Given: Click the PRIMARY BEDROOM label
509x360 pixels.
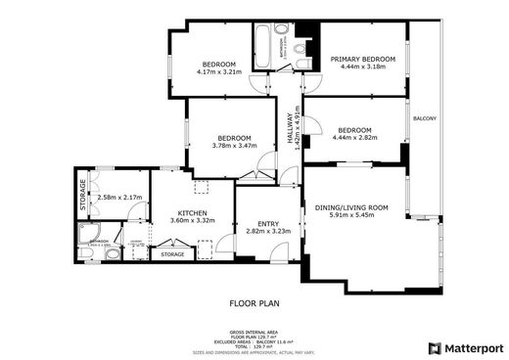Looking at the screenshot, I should pyautogui.click(x=361, y=60).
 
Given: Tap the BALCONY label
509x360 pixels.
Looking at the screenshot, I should pyautogui.click(x=425, y=119).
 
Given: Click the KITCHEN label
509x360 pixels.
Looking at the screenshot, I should pyautogui.click(x=191, y=212).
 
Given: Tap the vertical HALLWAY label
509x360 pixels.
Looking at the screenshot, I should pyautogui.click(x=290, y=128).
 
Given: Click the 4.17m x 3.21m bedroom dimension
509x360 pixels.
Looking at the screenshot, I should pyautogui.click(x=218, y=71).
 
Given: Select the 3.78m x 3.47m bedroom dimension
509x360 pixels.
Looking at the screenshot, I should pyautogui.click(x=234, y=146).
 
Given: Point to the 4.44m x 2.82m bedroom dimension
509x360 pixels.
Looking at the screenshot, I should pyautogui.click(x=354, y=138).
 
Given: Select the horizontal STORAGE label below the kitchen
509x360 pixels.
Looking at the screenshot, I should pyautogui.click(x=172, y=254).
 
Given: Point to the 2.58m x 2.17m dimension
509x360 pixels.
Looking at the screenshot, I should pyautogui.click(x=119, y=198).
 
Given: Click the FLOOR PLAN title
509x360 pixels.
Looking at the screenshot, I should pyautogui.click(x=254, y=304).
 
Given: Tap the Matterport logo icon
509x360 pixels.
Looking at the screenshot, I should pyautogui.click(x=435, y=348).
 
